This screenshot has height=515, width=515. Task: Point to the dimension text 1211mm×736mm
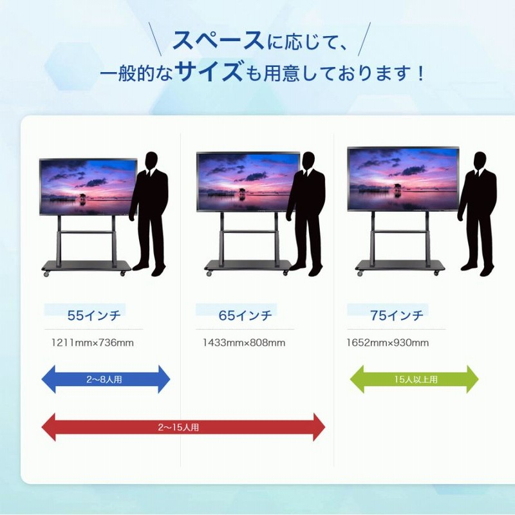(x=92, y=342)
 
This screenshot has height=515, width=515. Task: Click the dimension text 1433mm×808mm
(x=243, y=342)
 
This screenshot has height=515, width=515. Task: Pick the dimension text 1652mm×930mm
(x=388, y=342)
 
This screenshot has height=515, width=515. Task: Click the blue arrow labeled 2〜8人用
(x=106, y=379)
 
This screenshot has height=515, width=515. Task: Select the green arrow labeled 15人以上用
(x=414, y=379)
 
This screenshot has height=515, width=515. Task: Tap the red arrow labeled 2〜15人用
(x=183, y=427)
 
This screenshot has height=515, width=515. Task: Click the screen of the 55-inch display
(x=88, y=187)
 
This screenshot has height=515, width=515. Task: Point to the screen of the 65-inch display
(x=248, y=182)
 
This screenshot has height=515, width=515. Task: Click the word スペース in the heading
(x=218, y=41)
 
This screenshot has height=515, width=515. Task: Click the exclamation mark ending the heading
(x=421, y=72)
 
